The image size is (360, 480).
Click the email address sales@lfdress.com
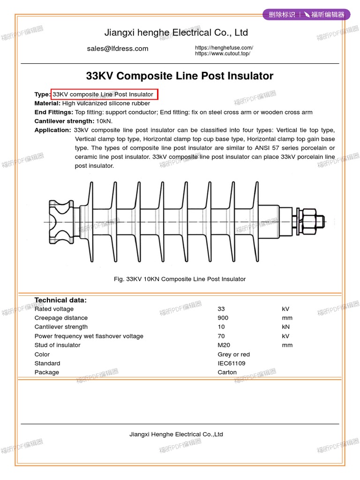[x=117, y=49]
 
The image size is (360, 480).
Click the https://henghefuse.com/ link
[x=224, y=48]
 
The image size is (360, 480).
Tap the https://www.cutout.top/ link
[x=223, y=53]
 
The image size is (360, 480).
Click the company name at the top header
[x=176, y=33]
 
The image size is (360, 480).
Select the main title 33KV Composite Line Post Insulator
[x=180, y=76]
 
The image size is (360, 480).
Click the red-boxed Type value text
[x=104, y=94]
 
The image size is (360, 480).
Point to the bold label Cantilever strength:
[x=64, y=121]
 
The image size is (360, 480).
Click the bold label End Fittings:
[x=54, y=112]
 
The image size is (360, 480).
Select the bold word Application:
[x=52, y=130]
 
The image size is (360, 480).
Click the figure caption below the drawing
[x=180, y=279]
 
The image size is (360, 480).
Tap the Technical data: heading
[x=60, y=300]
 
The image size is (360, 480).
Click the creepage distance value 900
[x=223, y=318]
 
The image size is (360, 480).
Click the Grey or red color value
[x=233, y=354]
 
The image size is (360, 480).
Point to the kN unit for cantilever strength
[x=286, y=327]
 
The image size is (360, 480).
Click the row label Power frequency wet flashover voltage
[x=89, y=336]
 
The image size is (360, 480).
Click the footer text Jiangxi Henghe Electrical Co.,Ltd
[x=176, y=435]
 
